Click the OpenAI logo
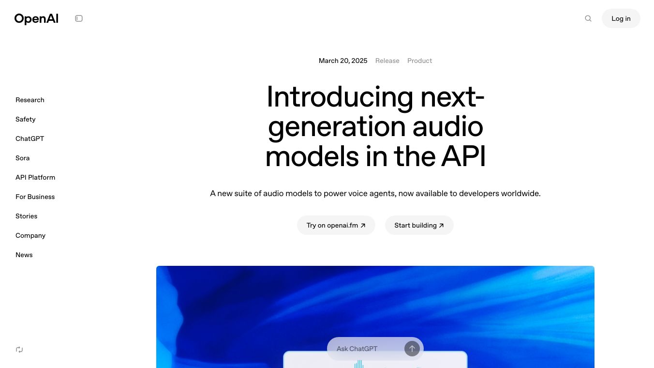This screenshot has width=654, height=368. coord(36,19)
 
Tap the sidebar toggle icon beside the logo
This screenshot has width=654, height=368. coord(79,18)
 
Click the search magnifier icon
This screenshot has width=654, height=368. coord(588,18)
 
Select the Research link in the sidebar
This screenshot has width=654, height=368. coord(30,100)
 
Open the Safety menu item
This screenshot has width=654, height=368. coord(26,119)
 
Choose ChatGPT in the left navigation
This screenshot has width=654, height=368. coord(30,138)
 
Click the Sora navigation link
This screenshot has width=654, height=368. coord(22,158)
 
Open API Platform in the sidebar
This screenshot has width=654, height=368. coord(35,177)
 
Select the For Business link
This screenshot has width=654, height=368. coord(35,197)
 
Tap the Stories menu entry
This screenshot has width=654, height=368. coord(26,216)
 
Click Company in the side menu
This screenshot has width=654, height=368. coord(30,236)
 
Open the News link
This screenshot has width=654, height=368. coord(24,255)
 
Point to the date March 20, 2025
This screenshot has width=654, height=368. coord(343,61)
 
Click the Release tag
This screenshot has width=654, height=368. coord(387,61)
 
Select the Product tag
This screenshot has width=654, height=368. coord(419,61)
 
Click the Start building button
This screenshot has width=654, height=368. coord(419,225)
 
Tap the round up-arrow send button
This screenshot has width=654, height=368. coord(412,349)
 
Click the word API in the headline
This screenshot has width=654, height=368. coord(463,157)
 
